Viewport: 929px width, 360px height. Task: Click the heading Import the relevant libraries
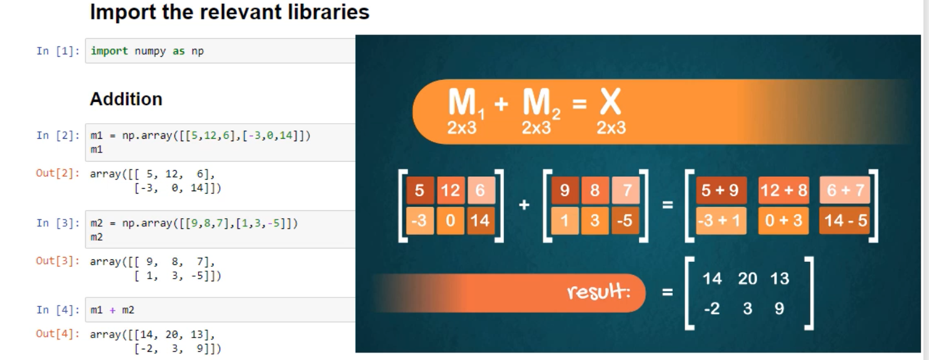[229, 12]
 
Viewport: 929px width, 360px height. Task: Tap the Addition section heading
[126, 99]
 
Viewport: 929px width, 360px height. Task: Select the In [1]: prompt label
[58, 51]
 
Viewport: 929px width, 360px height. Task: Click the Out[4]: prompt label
[58, 334]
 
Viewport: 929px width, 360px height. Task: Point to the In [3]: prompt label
[58, 224]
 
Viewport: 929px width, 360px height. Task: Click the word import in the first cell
[109, 51]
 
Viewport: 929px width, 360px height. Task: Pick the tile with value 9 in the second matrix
[565, 191]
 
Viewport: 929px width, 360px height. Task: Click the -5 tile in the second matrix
[625, 221]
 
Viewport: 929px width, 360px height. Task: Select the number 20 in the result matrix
[748, 279]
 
